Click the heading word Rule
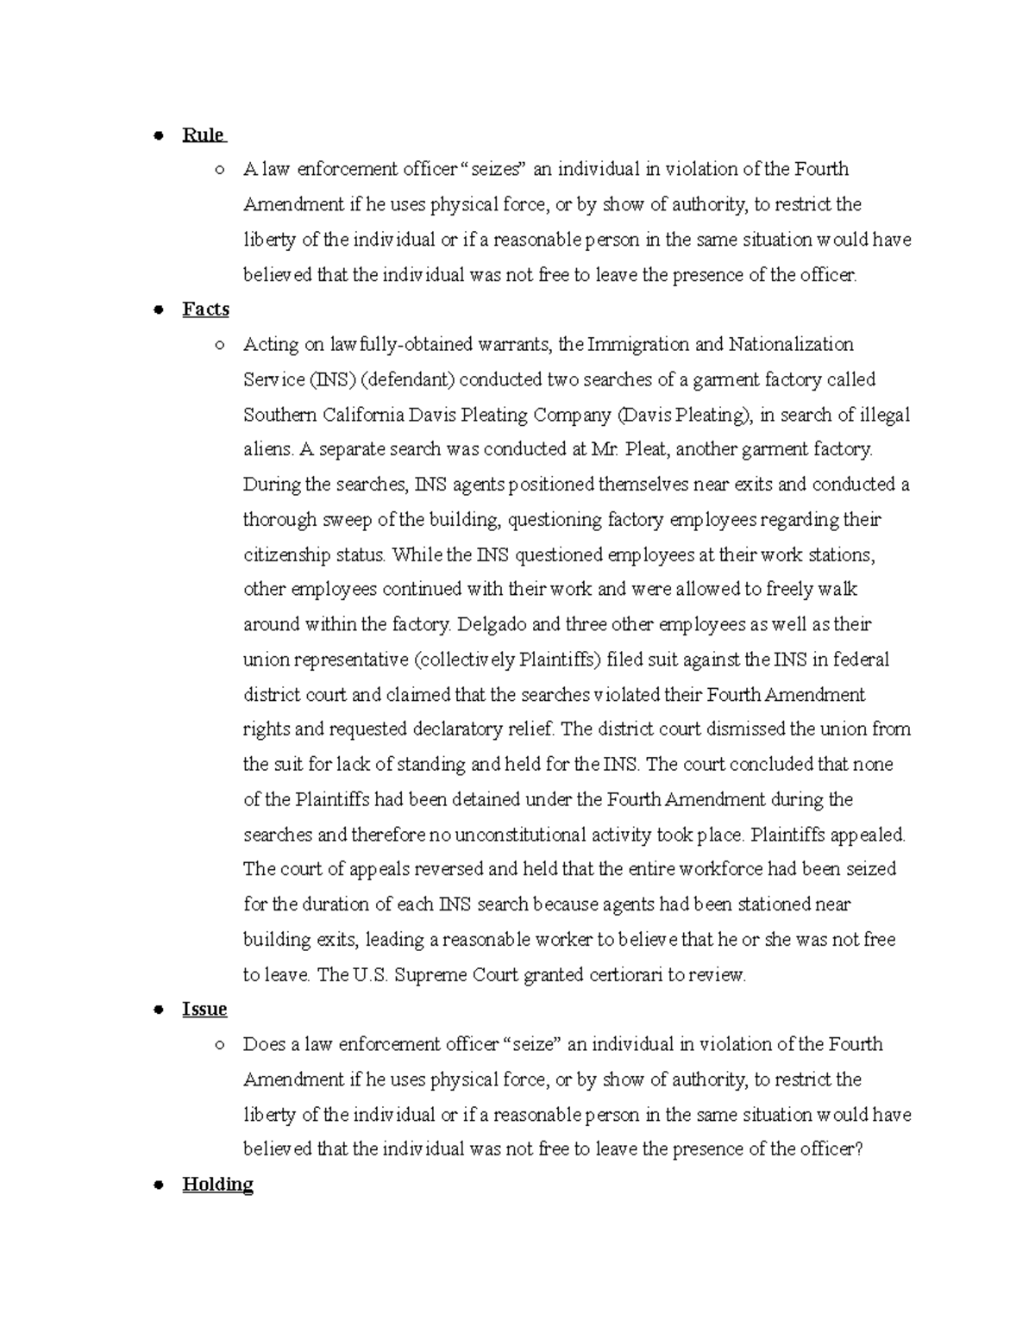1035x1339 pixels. [x=203, y=135]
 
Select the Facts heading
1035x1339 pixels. [x=205, y=310]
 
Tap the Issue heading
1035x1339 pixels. [x=204, y=1010]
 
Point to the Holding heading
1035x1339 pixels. [x=217, y=1185]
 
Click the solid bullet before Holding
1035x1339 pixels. [x=158, y=1186]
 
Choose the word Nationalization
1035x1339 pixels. [x=791, y=345]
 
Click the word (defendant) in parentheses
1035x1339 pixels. [x=397, y=380]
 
